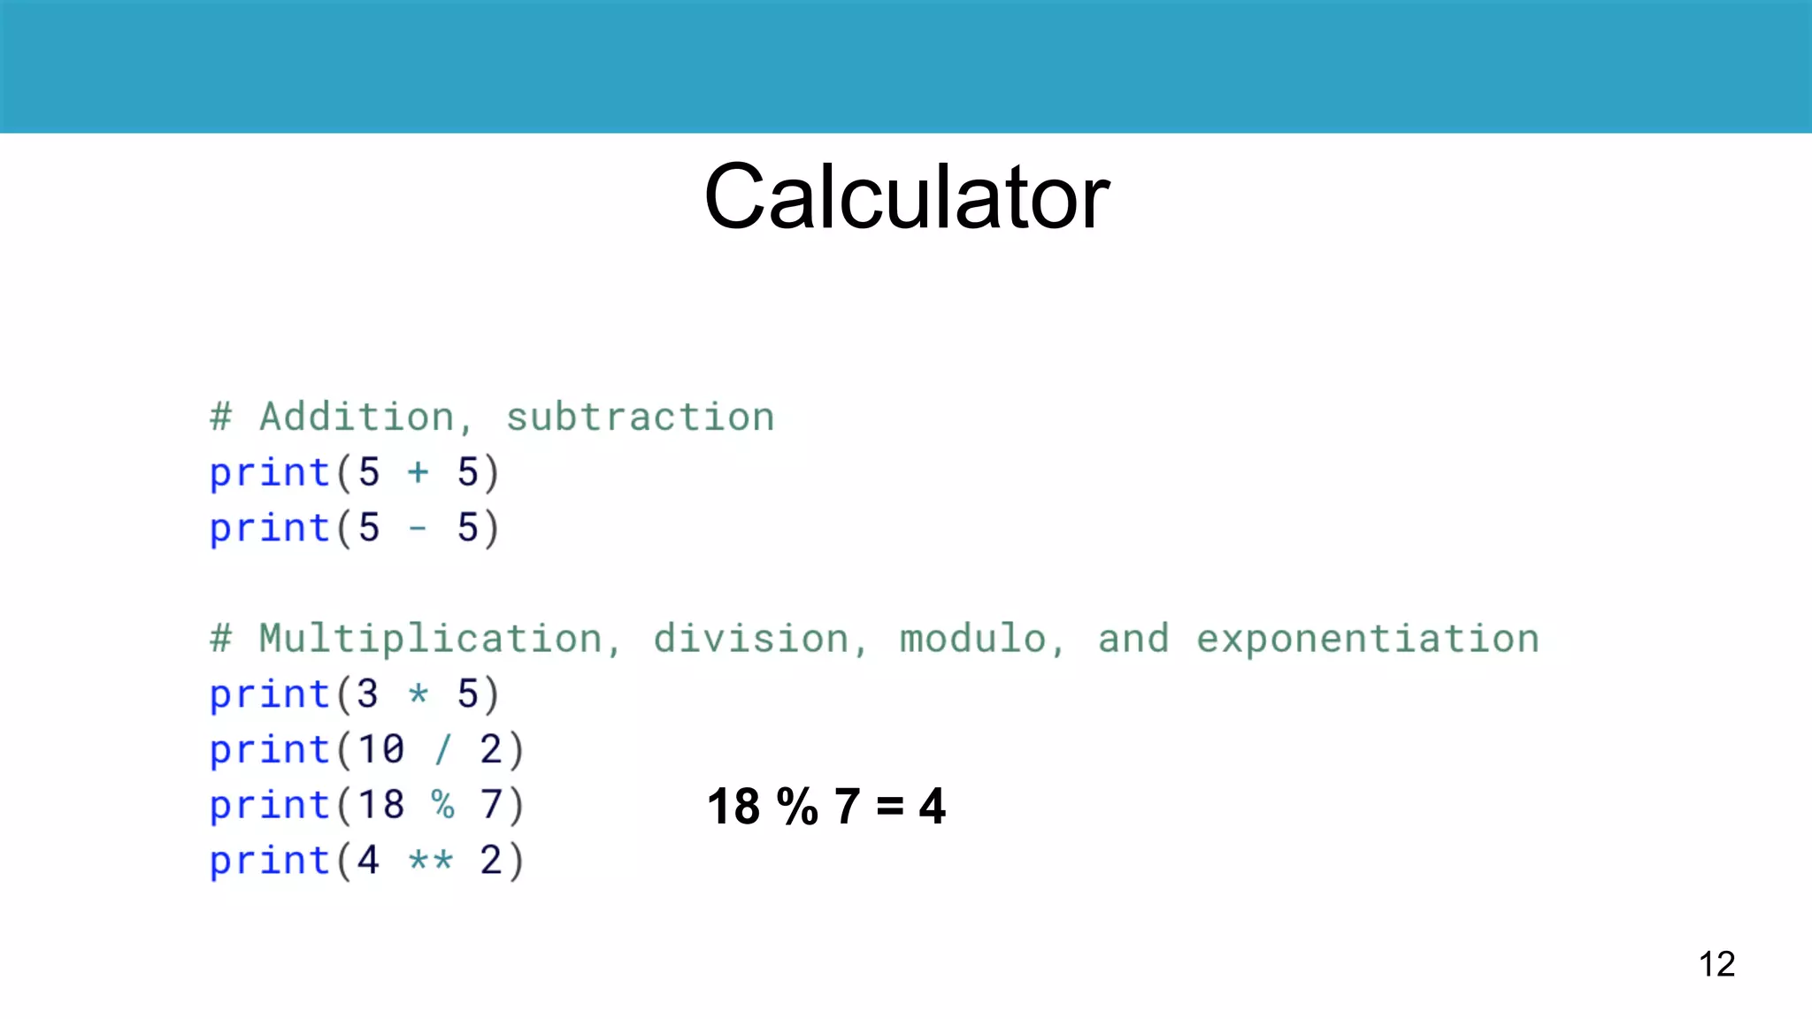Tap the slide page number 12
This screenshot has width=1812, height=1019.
pyautogui.click(x=1716, y=963)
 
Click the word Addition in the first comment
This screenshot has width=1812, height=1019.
pyautogui.click(x=357, y=417)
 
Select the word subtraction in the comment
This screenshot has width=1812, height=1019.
pyautogui.click(x=640, y=417)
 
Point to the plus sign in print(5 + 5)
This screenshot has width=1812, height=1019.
pyautogui.click(x=418, y=472)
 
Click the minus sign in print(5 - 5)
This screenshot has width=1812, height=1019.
pyautogui.click(x=418, y=529)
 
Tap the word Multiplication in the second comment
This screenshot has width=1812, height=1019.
pyautogui.click(x=431, y=639)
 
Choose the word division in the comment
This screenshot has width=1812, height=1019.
pyautogui.click(x=751, y=639)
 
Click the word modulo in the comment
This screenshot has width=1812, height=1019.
pyautogui.click(x=973, y=639)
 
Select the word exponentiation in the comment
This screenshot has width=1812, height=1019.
pyautogui.click(x=1368, y=639)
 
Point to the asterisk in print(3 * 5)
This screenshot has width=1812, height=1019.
pyautogui.click(x=418, y=693)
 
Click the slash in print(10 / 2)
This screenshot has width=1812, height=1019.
pyautogui.click(x=442, y=750)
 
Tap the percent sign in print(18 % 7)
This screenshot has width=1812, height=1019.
pyautogui.click(x=442, y=805)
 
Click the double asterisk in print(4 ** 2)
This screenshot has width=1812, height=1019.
pyautogui.click(x=431, y=860)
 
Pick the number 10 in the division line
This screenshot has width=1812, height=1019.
pyautogui.click(x=381, y=750)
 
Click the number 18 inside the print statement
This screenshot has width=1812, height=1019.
pyautogui.click(x=381, y=805)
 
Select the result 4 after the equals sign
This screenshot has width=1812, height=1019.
pyautogui.click(x=932, y=806)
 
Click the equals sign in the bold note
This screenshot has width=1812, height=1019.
pyautogui.click(x=890, y=806)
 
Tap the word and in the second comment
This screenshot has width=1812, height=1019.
pyautogui.click(x=1133, y=639)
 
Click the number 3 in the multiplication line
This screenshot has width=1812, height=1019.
pyautogui.click(x=368, y=693)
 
